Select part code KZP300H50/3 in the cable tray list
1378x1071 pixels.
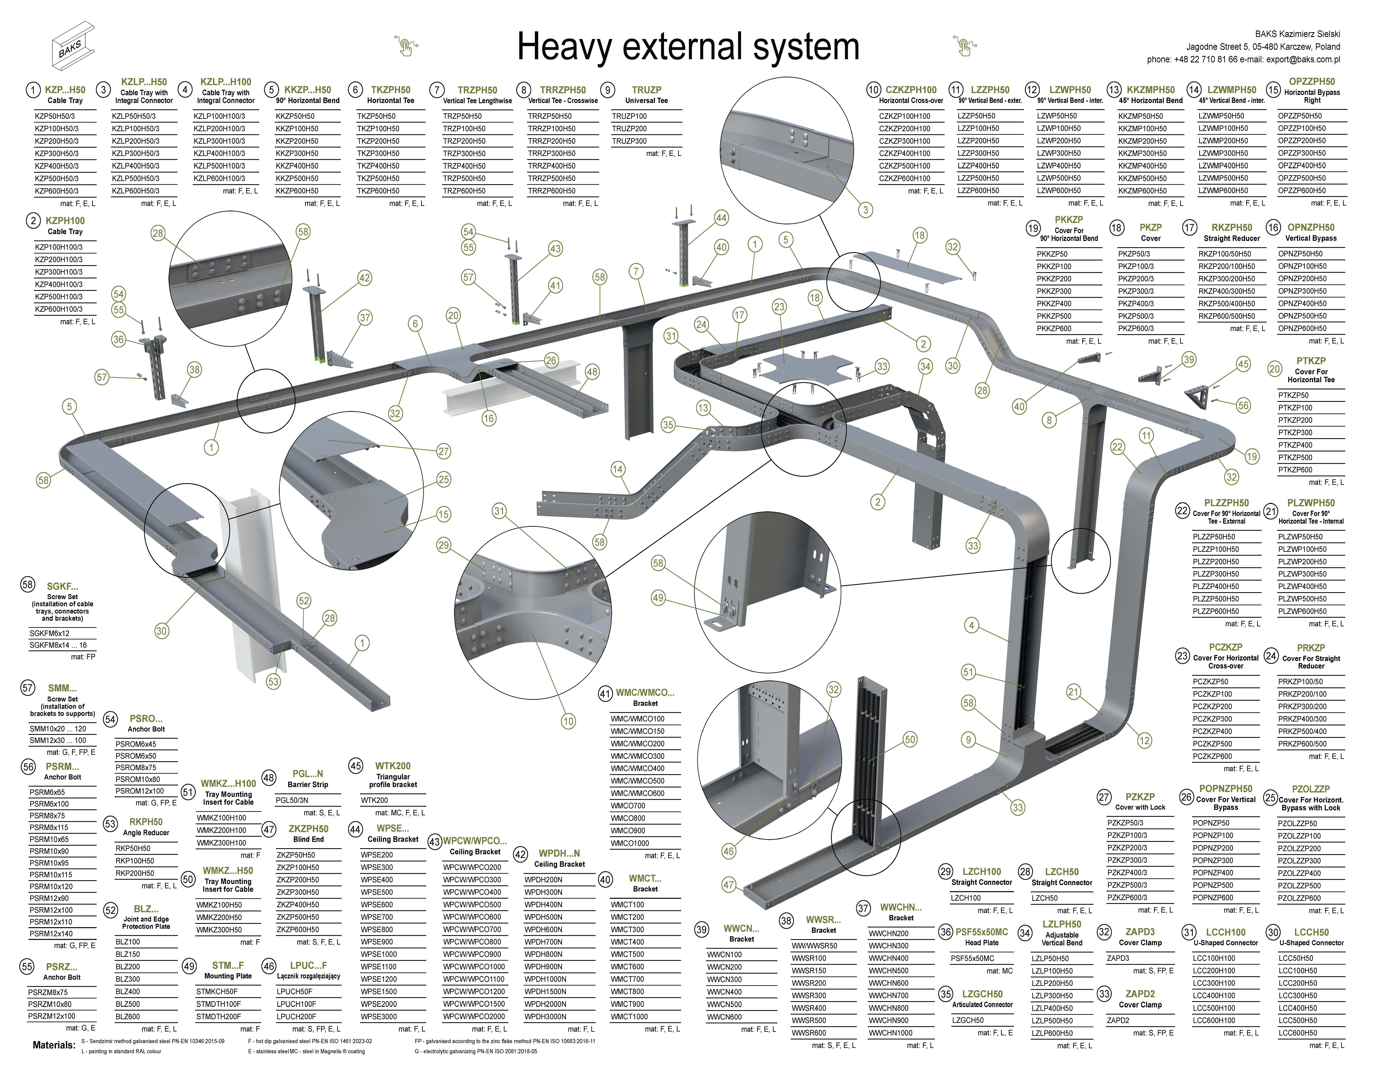(57, 153)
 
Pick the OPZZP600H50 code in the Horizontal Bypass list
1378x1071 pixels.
(1302, 190)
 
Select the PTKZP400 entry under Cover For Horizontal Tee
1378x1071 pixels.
(1295, 445)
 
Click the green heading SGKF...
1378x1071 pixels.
(62, 586)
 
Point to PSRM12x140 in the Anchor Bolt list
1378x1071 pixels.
(51, 933)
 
